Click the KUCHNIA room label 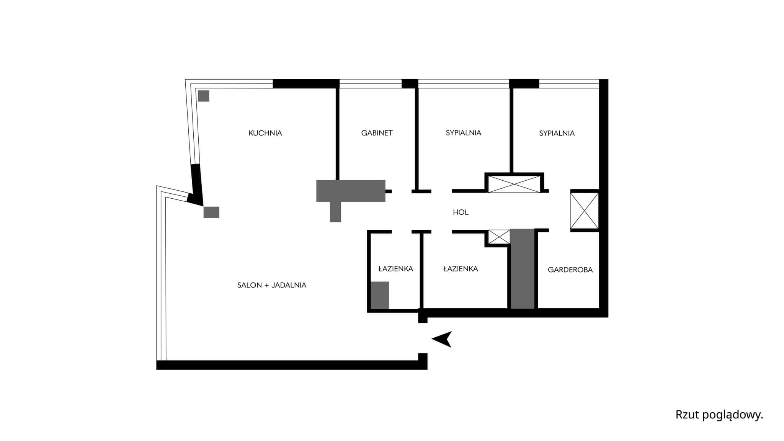pyautogui.click(x=265, y=133)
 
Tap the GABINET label pyautogui.click(x=377, y=133)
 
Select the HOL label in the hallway pyautogui.click(x=461, y=212)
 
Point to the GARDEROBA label pyautogui.click(x=570, y=270)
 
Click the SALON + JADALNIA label pyautogui.click(x=272, y=285)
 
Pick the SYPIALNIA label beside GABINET pyautogui.click(x=463, y=133)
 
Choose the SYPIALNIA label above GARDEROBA pyautogui.click(x=557, y=133)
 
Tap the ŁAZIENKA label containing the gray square pyautogui.click(x=395, y=269)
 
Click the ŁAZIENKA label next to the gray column pyautogui.click(x=461, y=269)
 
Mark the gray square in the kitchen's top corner pyautogui.click(x=204, y=96)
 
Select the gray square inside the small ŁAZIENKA pyautogui.click(x=380, y=295)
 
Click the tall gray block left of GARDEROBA pyautogui.click(x=523, y=269)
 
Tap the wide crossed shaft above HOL pyautogui.click(x=514, y=184)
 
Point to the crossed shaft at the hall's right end pyautogui.click(x=584, y=211)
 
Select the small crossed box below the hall pyautogui.click(x=499, y=237)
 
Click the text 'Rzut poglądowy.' pyautogui.click(x=719, y=415)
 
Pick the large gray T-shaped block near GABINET pyautogui.click(x=350, y=191)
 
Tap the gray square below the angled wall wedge pyautogui.click(x=211, y=212)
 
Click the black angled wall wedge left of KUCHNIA pyautogui.click(x=196, y=186)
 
